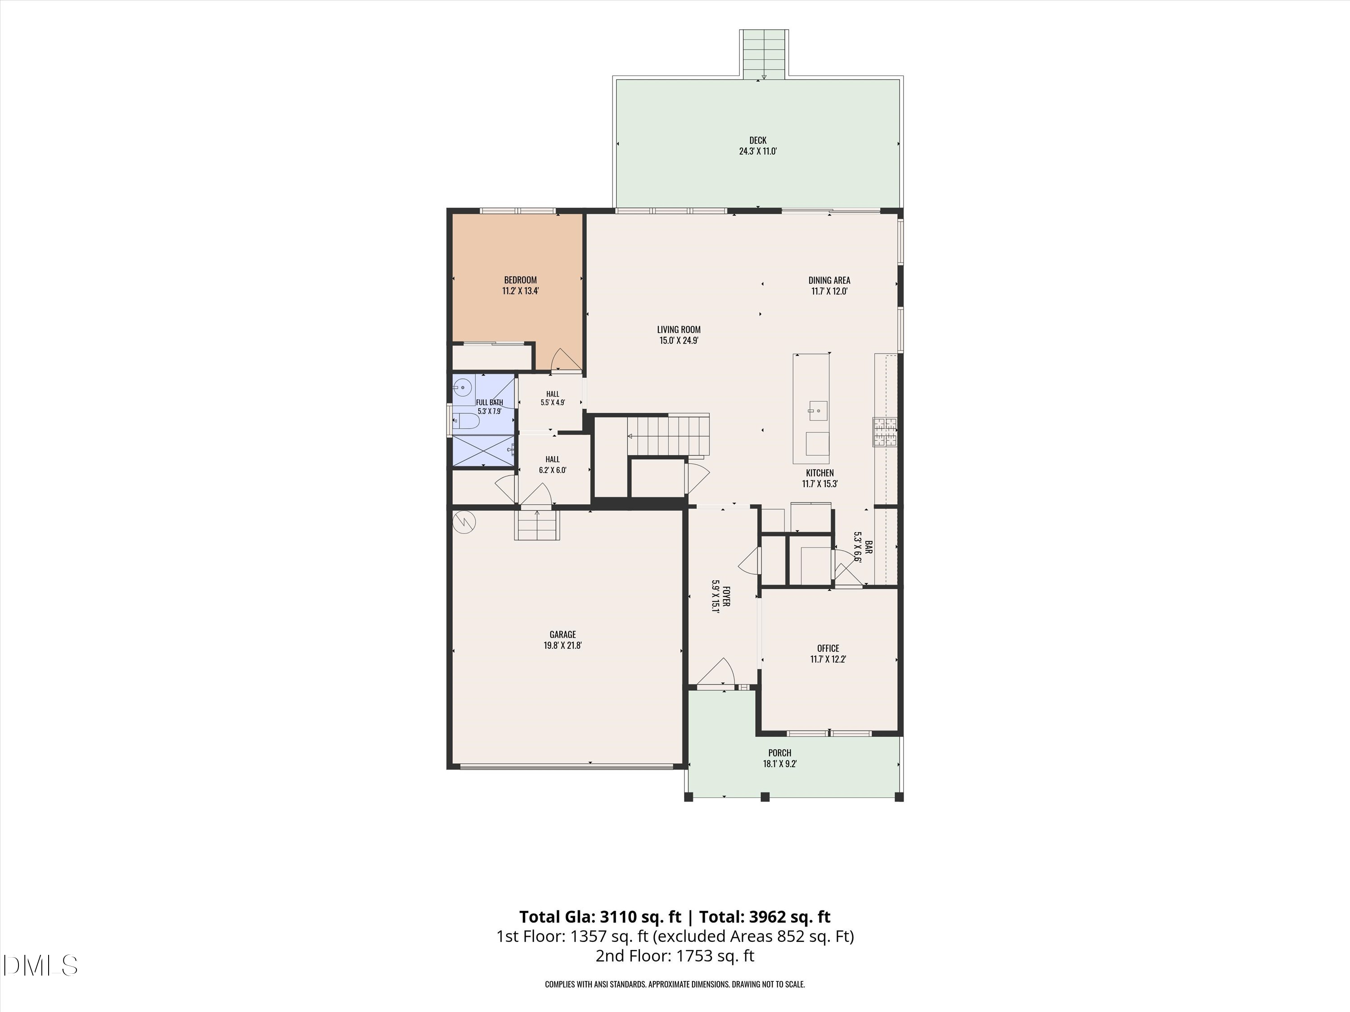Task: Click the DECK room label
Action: pos(757,140)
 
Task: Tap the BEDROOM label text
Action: pos(520,280)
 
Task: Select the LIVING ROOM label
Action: pos(679,329)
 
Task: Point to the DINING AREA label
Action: pos(829,280)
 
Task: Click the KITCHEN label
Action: pos(819,473)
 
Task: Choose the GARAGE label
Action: pos(562,634)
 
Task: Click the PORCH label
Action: pos(779,753)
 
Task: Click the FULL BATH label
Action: pos(490,403)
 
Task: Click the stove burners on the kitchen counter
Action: pos(884,432)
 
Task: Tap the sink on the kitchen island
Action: pos(818,411)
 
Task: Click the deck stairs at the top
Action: pos(764,54)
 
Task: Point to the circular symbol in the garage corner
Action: pos(464,522)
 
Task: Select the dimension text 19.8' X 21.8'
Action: pos(562,645)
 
